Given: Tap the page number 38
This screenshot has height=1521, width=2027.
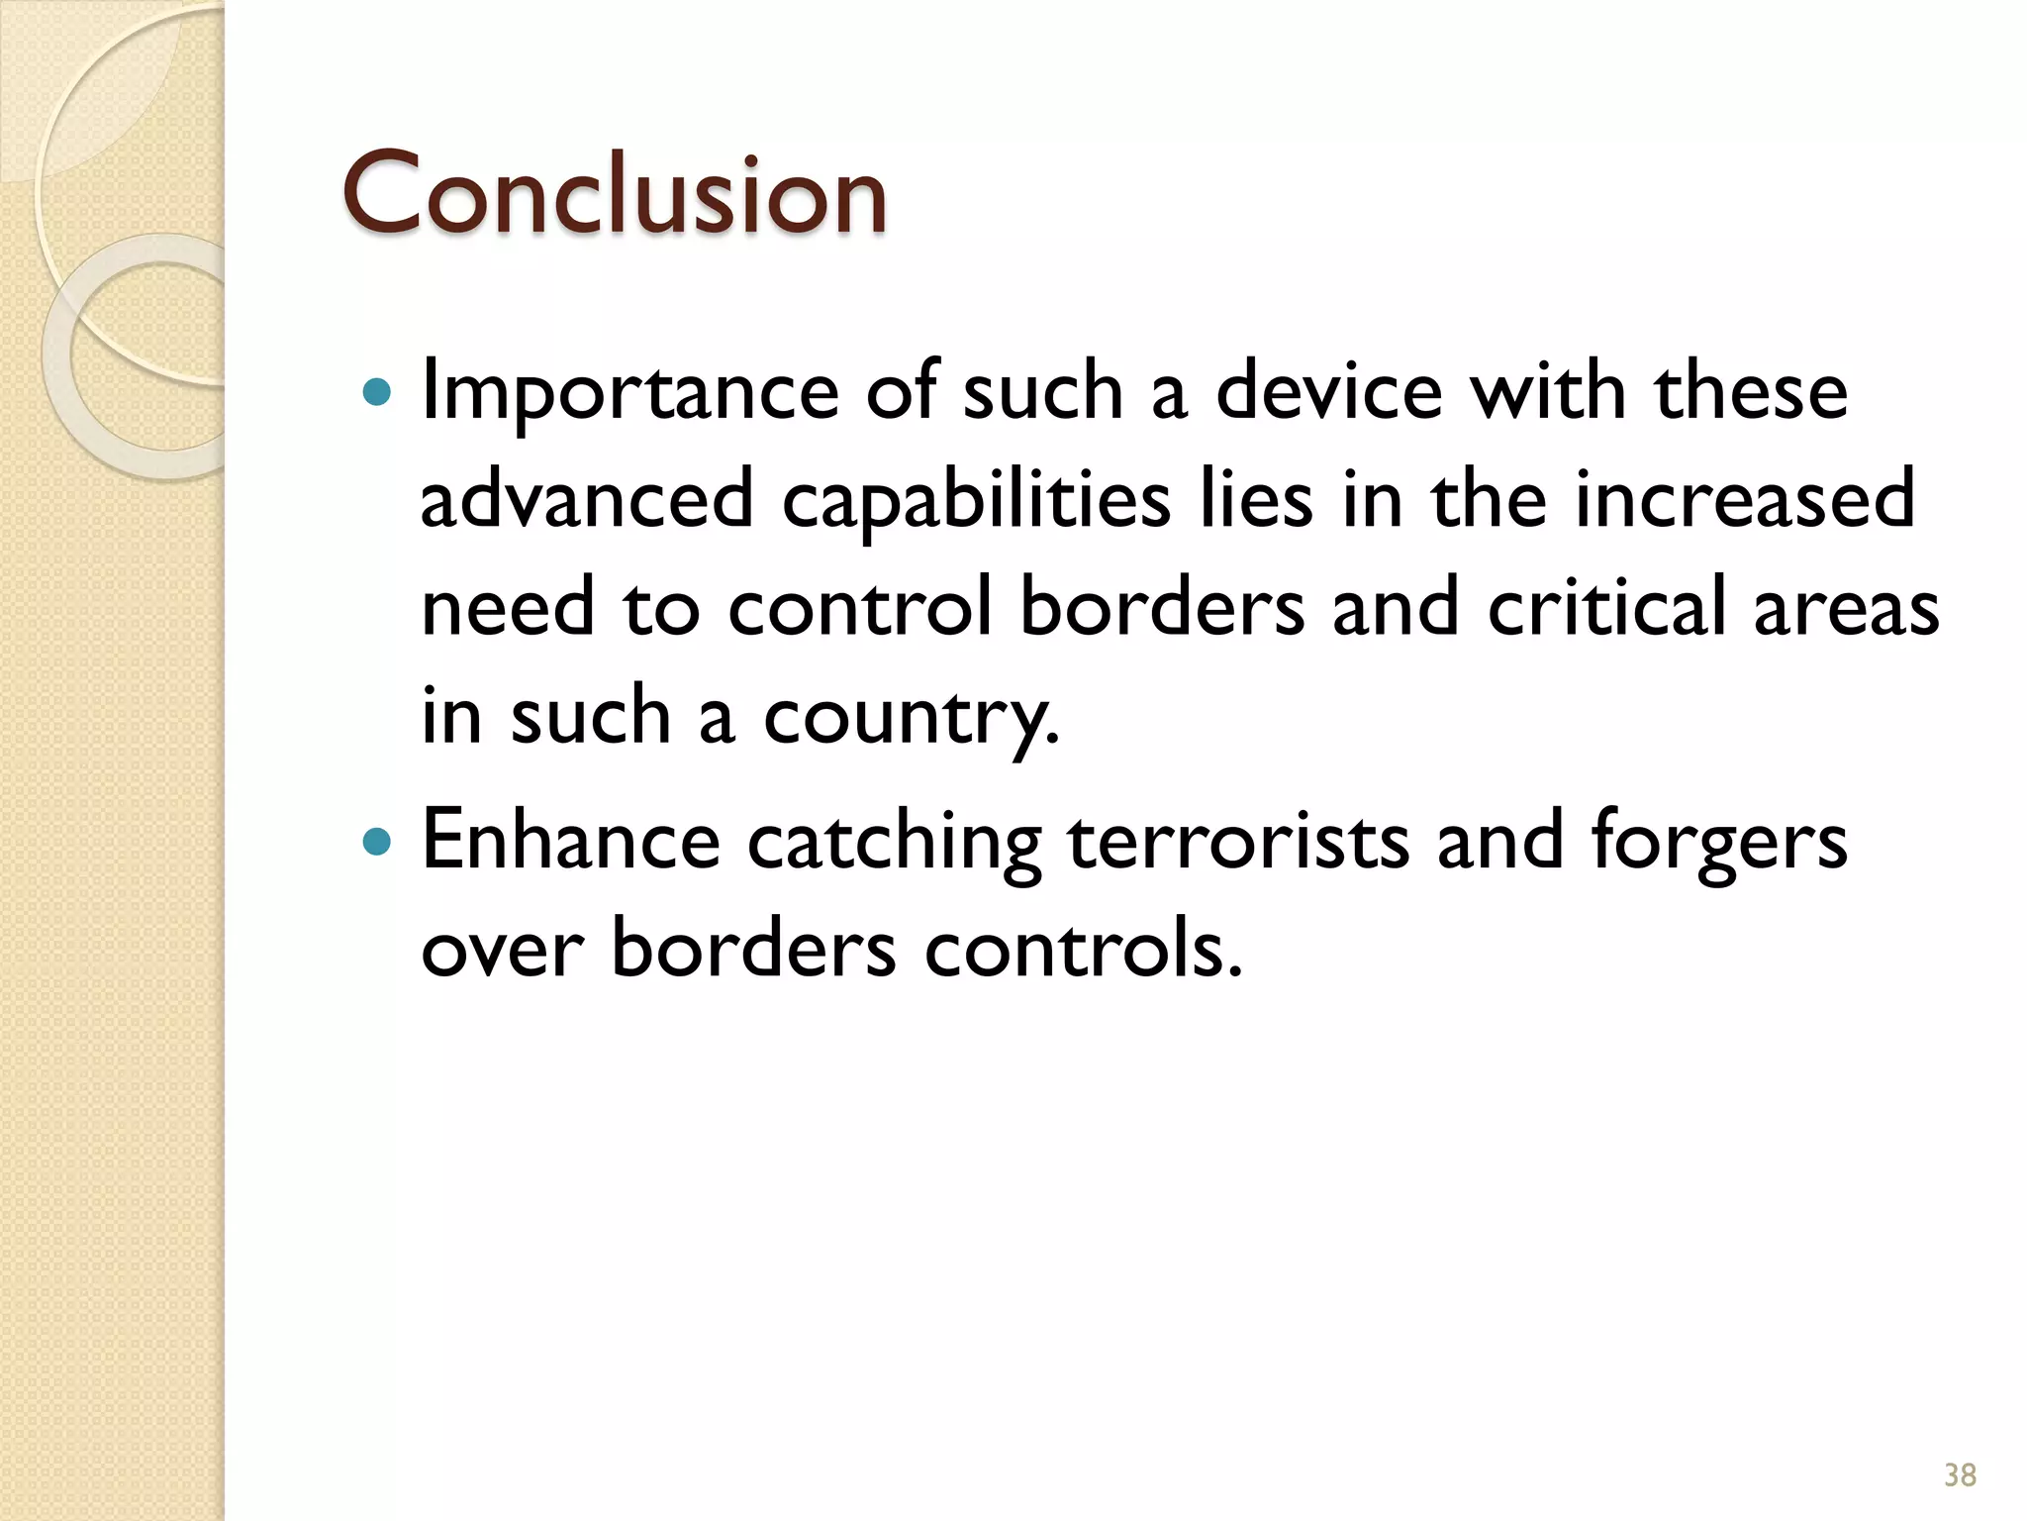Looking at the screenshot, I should point(1960,1474).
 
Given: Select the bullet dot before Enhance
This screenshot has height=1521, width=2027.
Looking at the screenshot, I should point(377,843).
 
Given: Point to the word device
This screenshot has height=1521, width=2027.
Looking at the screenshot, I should point(1328,391).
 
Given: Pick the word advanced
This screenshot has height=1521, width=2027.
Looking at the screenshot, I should point(587,499).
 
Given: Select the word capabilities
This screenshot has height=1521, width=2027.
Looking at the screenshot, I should point(976,501).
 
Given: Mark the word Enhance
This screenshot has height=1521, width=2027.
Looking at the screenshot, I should point(571,841).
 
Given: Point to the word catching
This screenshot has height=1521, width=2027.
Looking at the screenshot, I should point(894,843).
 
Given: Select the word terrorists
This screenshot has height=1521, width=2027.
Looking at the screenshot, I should point(1238,841).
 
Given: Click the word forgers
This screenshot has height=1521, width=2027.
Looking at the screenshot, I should point(1718,843).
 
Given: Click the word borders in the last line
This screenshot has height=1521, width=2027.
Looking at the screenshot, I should point(753,949).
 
